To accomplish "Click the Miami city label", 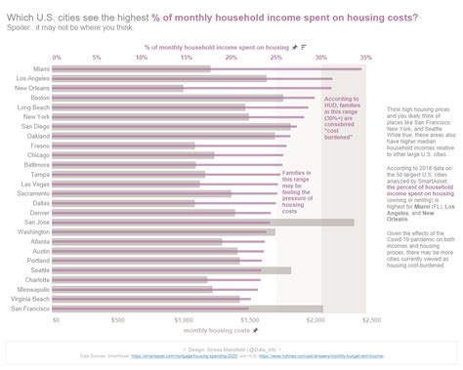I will pos(42,68).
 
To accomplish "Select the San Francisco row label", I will pos(31,308).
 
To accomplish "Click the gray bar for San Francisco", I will pos(186,308).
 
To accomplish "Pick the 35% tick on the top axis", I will pos(365,58).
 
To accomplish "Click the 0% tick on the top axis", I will pos(57,58).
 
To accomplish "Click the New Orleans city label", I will pos(34,88).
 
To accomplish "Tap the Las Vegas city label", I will pos(37,184).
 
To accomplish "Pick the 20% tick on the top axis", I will pos(233,58).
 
